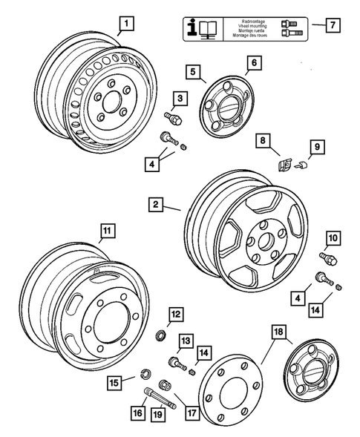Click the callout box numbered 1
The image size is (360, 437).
click(x=127, y=24)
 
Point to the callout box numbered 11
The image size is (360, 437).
click(x=108, y=230)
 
